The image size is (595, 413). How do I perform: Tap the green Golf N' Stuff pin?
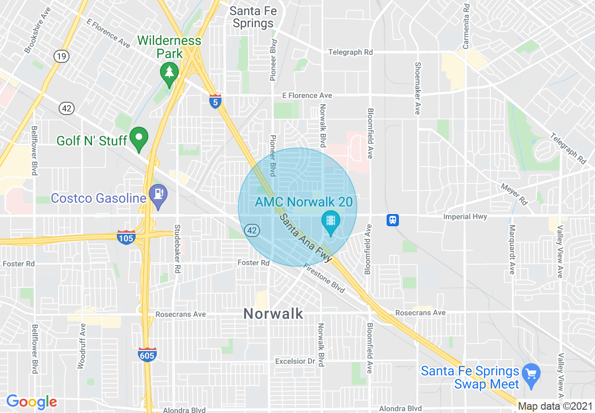tap(139, 138)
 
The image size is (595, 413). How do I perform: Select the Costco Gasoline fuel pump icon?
tap(157, 194)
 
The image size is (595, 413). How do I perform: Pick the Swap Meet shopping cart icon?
tap(531, 374)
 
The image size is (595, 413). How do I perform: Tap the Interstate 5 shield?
tap(215, 101)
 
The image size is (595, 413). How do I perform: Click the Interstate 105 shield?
tap(126, 237)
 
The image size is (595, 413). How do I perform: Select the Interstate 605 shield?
tap(147, 355)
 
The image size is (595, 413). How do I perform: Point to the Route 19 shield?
tap(61, 56)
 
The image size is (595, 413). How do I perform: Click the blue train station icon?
tap(393, 219)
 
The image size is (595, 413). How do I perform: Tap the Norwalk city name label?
tap(274, 314)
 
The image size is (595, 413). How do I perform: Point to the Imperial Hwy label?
tap(465, 217)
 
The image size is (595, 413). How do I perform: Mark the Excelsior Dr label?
tap(295, 361)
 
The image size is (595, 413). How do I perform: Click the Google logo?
tap(31, 402)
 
